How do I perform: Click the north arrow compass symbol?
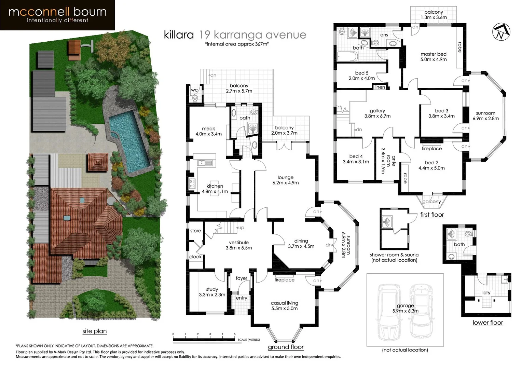[x=501, y=32]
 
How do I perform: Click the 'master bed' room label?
[x=434, y=54]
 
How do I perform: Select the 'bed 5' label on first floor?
[x=362, y=73]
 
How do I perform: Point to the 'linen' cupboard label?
[x=380, y=87]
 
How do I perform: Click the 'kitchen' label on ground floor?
[x=215, y=186]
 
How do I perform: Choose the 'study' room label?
[x=212, y=289]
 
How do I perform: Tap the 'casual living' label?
[x=284, y=303]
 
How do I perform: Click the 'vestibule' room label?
[x=238, y=243]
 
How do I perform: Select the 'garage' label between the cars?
[x=405, y=306]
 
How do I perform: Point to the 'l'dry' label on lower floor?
[x=485, y=293]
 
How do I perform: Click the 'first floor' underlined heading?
[x=432, y=215]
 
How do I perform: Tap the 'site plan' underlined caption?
[x=95, y=331]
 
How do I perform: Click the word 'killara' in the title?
[x=179, y=35]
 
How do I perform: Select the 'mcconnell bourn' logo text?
[x=57, y=12]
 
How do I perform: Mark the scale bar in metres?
[x=204, y=339]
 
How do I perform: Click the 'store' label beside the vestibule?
[x=195, y=231]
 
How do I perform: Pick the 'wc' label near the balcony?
[x=194, y=90]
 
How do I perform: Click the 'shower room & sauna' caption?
[x=394, y=255]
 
